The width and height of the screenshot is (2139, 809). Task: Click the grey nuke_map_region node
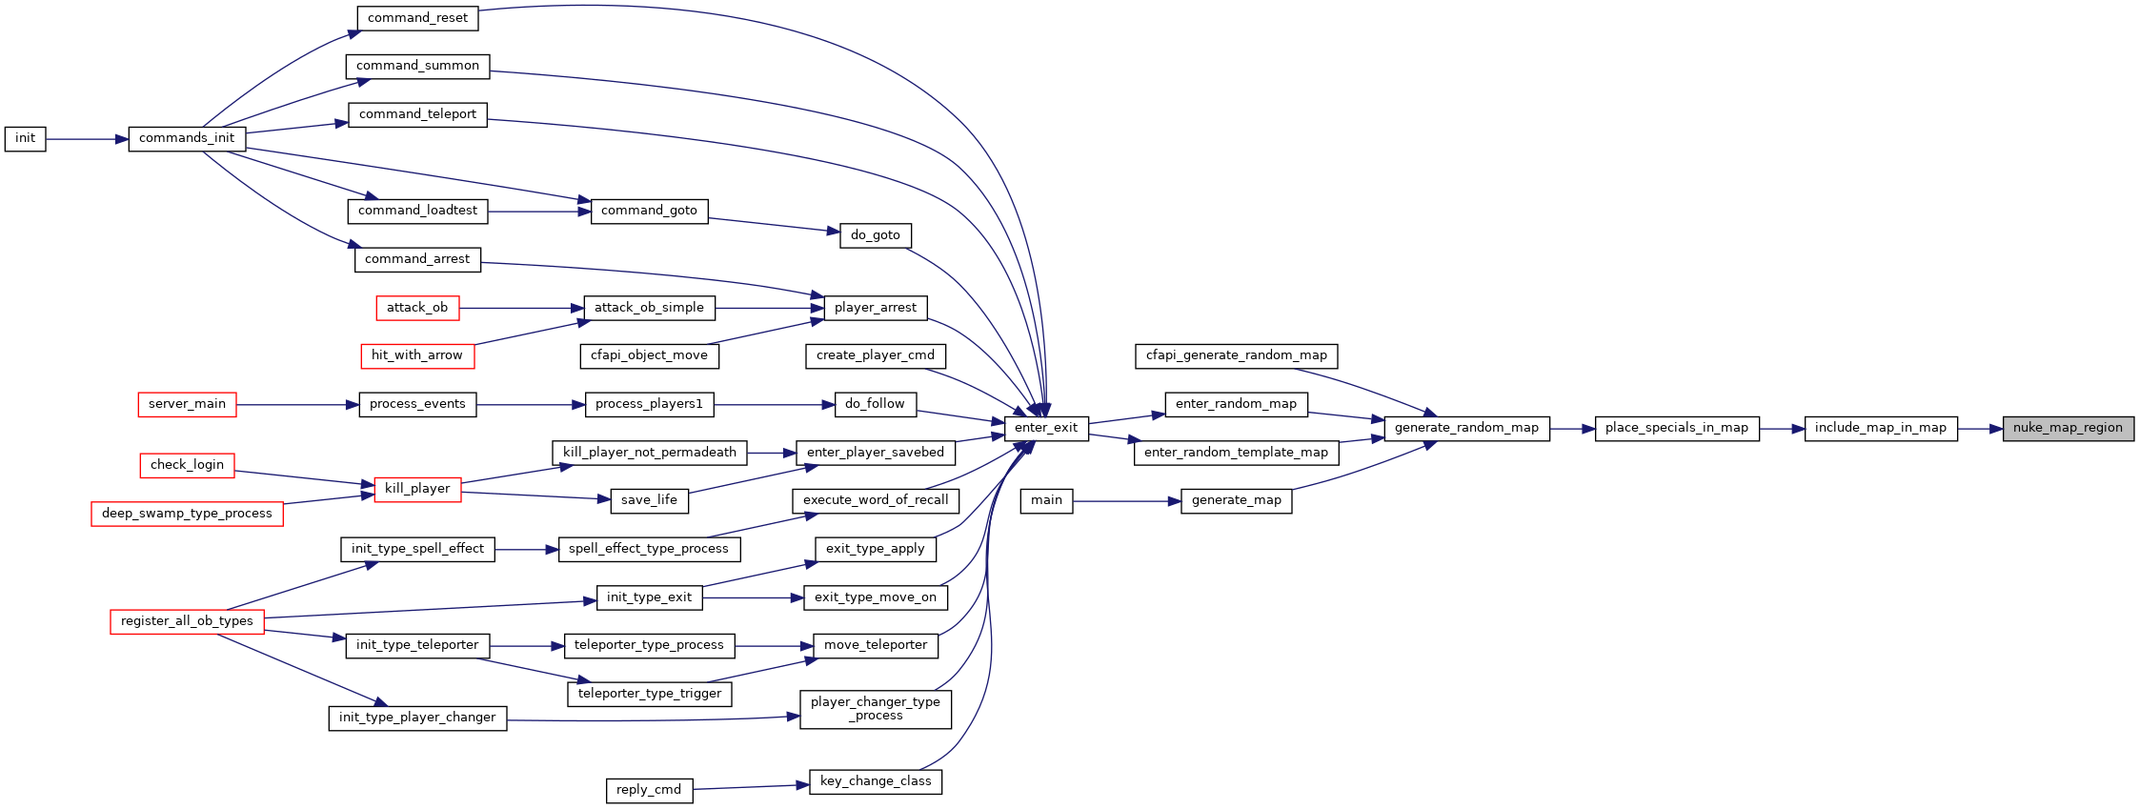tap(2068, 429)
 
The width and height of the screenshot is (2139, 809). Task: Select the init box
tap(25, 139)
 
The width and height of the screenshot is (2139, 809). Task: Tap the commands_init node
tap(187, 139)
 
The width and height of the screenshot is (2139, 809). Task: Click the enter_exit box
tap(1046, 429)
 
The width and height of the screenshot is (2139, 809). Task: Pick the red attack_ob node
tap(417, 308)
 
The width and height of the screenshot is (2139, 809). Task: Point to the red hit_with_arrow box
tap(417, 356)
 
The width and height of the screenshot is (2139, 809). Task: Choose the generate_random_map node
tap(1466, 429)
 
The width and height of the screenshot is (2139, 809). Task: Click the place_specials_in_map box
tap(1677, 429)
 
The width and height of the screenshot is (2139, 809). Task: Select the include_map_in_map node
tap(1881, 429)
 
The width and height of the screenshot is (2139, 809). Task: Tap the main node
tap(1046, 501)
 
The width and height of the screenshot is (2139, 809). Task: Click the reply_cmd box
tap(649, 791)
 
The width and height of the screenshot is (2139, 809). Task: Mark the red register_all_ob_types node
tap(187, 621)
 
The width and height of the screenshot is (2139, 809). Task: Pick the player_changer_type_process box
tap(876, 710)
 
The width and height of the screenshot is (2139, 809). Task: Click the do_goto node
tap(876, 235)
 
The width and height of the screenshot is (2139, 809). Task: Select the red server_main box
tap(187, 405)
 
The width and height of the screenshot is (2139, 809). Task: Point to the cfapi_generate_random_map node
tap(1237, 356)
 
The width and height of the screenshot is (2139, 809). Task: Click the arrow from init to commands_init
tap(87, 139)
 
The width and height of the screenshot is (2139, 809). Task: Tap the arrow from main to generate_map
tap(1127, 501)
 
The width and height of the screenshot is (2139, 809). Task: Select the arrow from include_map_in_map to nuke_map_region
tap(1980, 429)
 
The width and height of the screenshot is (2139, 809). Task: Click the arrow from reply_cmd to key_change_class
tap(751, 787)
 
